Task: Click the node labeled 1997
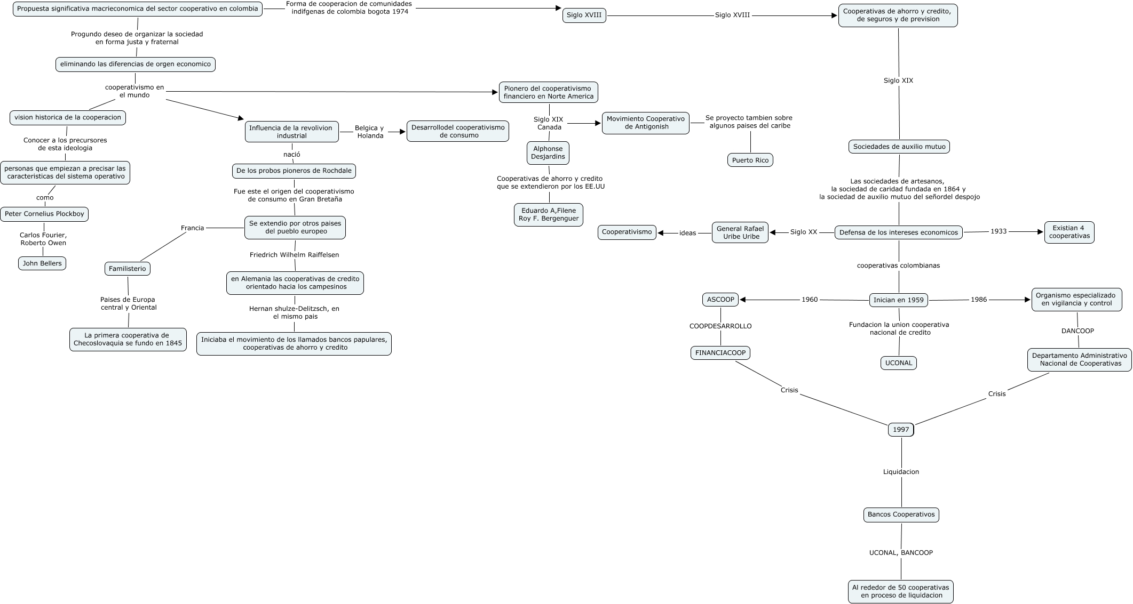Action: (901, 430)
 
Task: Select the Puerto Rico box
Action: (750, 160)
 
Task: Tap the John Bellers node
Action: (42, 263)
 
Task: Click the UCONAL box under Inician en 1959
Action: (899, 363)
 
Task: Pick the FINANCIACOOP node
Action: (720, 352)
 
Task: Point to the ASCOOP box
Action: (720, 300)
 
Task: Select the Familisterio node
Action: (128, 269)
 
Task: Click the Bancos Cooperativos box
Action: (901, 514)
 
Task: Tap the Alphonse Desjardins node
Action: (548, 153)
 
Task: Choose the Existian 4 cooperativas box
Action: (1069, 232)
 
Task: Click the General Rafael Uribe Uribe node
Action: (740, 232)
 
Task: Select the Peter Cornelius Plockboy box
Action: (44, 214)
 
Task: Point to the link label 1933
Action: (999, 231)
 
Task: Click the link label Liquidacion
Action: (901, 472)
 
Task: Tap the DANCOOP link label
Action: (1077, 331)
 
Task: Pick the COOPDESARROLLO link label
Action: (720, 326)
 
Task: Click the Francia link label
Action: (193, 228)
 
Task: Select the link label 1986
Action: (979, 300)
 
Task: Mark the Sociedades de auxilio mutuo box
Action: (899, 147)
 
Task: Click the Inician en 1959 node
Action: (899, 300)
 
